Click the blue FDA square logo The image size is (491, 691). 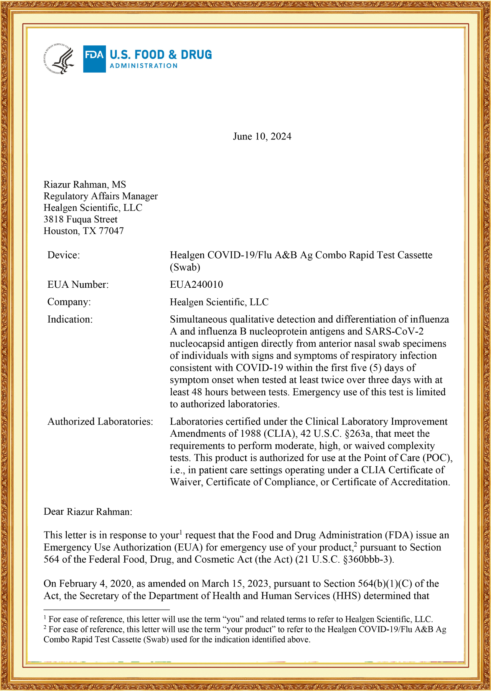pyautogui.click(x=94, y=59)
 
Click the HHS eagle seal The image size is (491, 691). pyautogui.click(x=59, y=59)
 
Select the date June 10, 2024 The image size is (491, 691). pyautogui.click(x=262, y=137)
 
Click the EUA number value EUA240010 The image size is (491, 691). pyautogui.click(x=196, y=285)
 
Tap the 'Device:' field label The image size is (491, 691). pyautogui.click(x=64, y=255)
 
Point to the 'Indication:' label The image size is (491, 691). pyautogui.click(x=70, y=320)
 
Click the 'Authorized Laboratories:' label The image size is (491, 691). pyautogui.click(x=100, y=422)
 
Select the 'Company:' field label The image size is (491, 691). pyautogui.click(x=69, y=302)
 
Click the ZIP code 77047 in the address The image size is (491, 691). pyautogui.click(x=111, y=231)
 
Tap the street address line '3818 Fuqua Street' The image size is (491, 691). pyautogui.click(x=81, y=220)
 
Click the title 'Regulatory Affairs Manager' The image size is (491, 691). pyautogui.click(x=101, y=196)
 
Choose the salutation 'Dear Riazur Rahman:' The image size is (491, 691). pyautogui.click(x=88, y=512)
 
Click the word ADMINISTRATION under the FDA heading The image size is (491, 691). pyautogui.click(x=143, y=66)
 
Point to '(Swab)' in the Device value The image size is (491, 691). pyautogui.click(x=185, y=267)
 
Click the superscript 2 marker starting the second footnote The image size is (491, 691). pyautogui.click(x=45, y=628)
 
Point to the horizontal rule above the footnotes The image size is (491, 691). pyautogui.click(x=107, y=610)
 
